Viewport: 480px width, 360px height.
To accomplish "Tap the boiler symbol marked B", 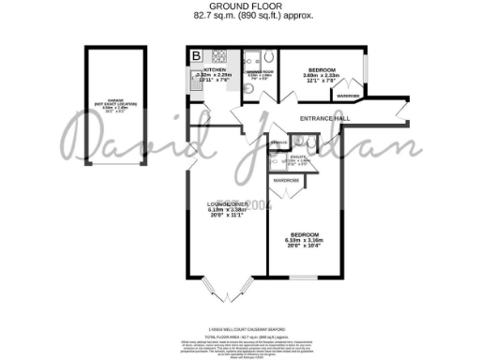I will click(196, 56).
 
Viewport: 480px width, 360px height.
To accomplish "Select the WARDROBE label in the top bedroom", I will click(349, 96).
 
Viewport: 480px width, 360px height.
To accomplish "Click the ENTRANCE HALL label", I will click(324, 118).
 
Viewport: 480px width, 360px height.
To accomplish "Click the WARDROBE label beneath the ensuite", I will click(286, 178).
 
